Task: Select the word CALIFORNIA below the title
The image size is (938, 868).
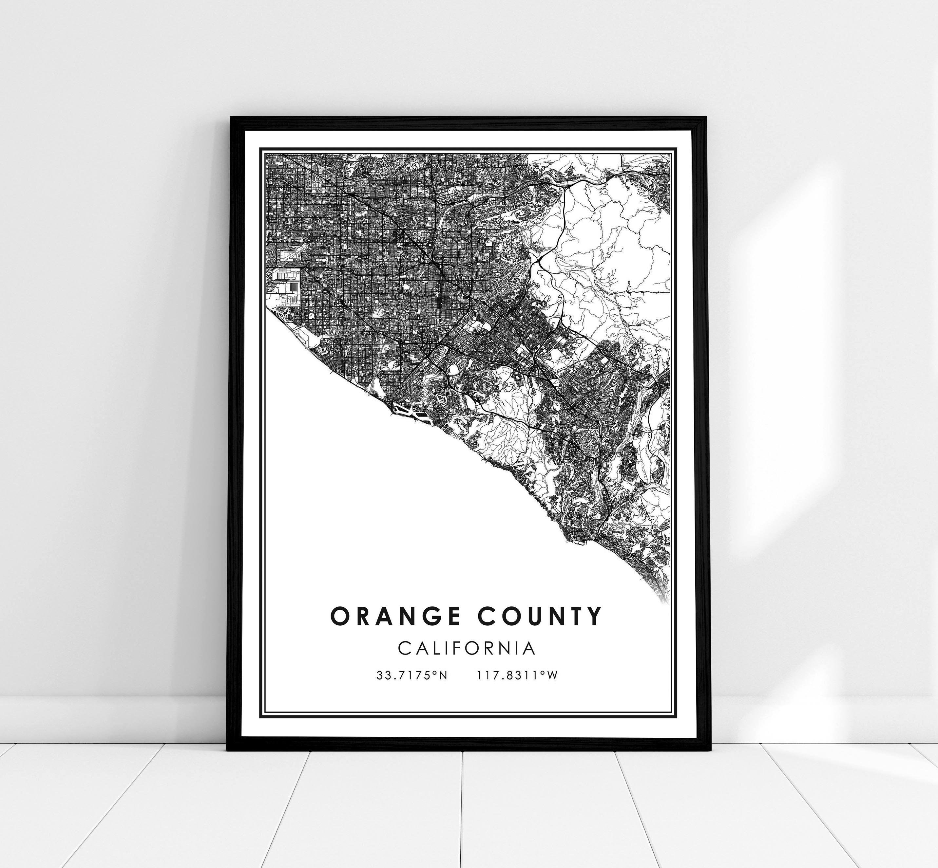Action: (x=467, y=648)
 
